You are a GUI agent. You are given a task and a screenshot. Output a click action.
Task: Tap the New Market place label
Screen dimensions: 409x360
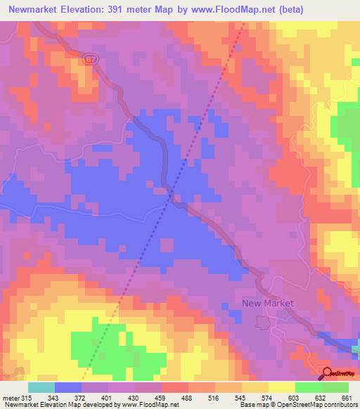point(267,304)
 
